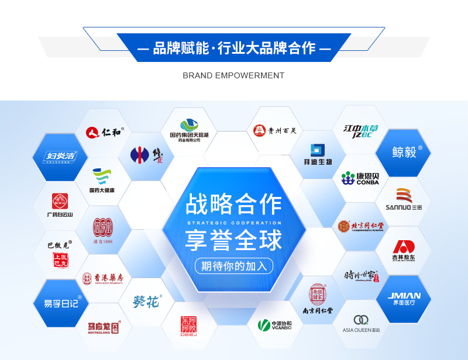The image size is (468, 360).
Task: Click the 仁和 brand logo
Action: pos(104,132)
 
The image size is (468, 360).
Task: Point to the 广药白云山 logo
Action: pos(60,205)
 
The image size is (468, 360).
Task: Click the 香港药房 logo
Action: pos(103,278)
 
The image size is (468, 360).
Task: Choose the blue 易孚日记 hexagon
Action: pos(60,302)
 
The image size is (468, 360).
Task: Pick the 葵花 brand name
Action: pos(146,302)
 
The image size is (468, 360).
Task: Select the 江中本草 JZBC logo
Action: pos(358,130)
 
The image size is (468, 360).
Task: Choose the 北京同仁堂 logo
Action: pos(360,226)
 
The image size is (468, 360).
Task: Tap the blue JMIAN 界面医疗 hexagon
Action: pos(404,299)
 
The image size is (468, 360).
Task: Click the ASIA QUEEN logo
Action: pos(361,323)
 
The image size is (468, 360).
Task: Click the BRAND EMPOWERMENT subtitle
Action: pos(233,75)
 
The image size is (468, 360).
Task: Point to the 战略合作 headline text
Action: pos(234,204)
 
